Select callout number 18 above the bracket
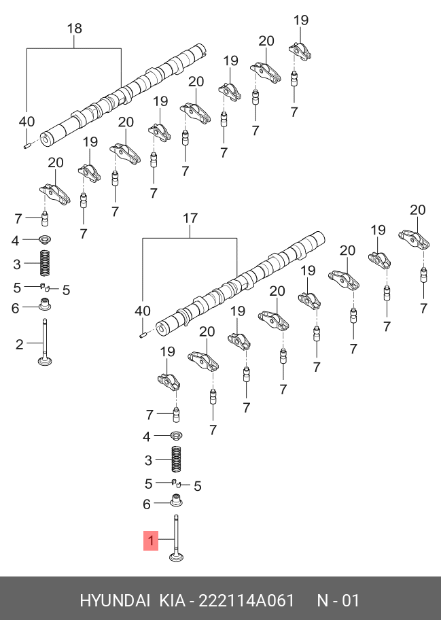(x=74, y=29)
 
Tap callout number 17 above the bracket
(x=190, y=218)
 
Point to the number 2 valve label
(x=20, y=345)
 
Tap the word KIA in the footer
(x=173, y=601)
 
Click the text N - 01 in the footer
(x=338, y=601)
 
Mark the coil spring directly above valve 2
(x=46, y=263)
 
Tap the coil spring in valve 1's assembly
(x=176, y=460)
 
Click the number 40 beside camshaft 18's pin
(x=27, y=122)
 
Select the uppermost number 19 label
(x=301, y=20)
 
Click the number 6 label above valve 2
(x=15, y=308)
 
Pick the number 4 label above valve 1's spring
(x=147, y=436)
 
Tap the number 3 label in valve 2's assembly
(x=18, y=263)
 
